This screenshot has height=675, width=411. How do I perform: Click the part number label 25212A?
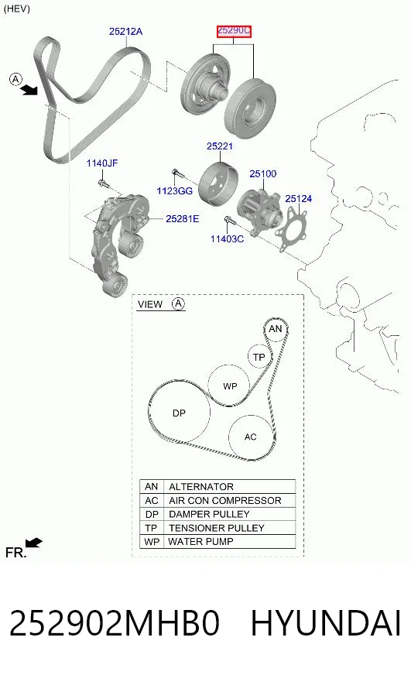point(125,32)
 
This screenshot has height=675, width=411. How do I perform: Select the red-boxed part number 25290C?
point(234,31)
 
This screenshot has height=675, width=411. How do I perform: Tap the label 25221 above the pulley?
point(220,146)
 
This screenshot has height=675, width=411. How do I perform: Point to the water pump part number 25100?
point(263,174)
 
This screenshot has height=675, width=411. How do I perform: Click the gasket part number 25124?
point(298,198)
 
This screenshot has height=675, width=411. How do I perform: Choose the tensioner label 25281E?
point(183,219)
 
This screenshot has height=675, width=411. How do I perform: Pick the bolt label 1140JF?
point(102,163)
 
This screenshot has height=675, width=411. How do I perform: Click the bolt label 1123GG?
point(174,190)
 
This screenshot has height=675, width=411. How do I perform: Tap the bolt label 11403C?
point(227,238)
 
